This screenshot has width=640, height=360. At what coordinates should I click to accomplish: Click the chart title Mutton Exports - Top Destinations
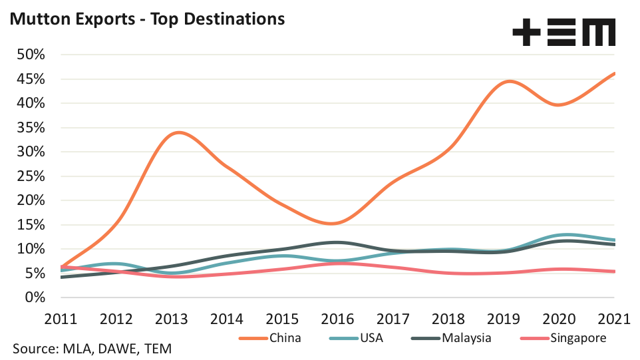pos(146,19)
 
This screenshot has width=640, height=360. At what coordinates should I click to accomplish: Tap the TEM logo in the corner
pos(564,33)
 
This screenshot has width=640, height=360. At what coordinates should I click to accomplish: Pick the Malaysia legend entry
pos(466,338)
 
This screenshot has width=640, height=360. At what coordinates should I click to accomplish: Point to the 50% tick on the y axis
pos(30,55)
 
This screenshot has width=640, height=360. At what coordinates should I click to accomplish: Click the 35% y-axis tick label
pos(30,128)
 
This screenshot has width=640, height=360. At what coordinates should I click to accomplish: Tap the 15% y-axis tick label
pos(30,225)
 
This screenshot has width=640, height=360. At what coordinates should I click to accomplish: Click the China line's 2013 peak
pos(178,132)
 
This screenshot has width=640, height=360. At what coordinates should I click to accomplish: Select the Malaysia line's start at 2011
pos(62,277)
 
